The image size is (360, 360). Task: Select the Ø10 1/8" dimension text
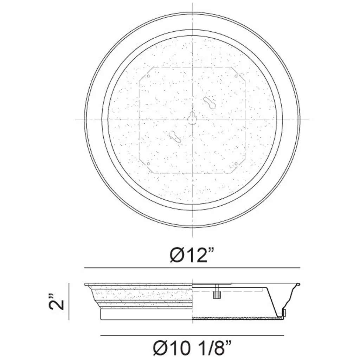(192, 348)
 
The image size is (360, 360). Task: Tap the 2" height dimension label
(56, 301)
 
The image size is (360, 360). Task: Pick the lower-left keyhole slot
(175, 137)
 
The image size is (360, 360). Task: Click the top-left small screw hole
(148, 76)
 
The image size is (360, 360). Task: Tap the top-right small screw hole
(236, 76)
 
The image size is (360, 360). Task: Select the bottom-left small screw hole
(148, 164)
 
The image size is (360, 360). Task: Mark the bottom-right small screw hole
(236, 164)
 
